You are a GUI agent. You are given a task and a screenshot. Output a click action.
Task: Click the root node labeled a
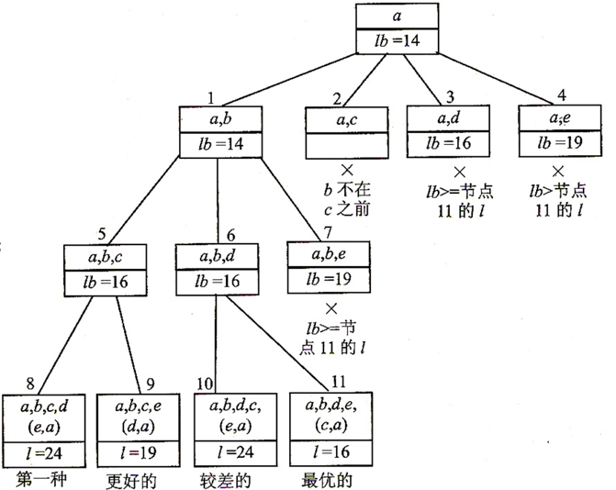tap(397, 16)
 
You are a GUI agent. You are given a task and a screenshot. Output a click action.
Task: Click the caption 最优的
tap(325, 479)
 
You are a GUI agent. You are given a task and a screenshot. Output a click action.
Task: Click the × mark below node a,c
tap(347, 171)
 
